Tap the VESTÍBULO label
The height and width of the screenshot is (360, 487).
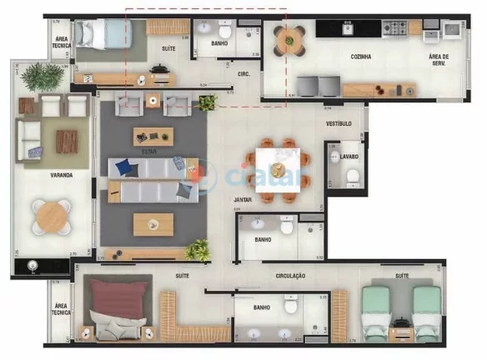pyautogui.click(x=338, y=123)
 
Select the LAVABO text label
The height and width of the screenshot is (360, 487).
pyautogui.click(x=349, y=156)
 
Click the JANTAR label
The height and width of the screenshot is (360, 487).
pyautogui.click(x=243, y=201)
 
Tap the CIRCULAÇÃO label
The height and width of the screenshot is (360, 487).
pyautogui.click(x=290, y=275)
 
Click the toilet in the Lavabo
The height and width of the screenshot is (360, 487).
pyautogui.click(x=352, y=175)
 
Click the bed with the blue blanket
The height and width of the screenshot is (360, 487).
pyautogui.click(x=103, y=36)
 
